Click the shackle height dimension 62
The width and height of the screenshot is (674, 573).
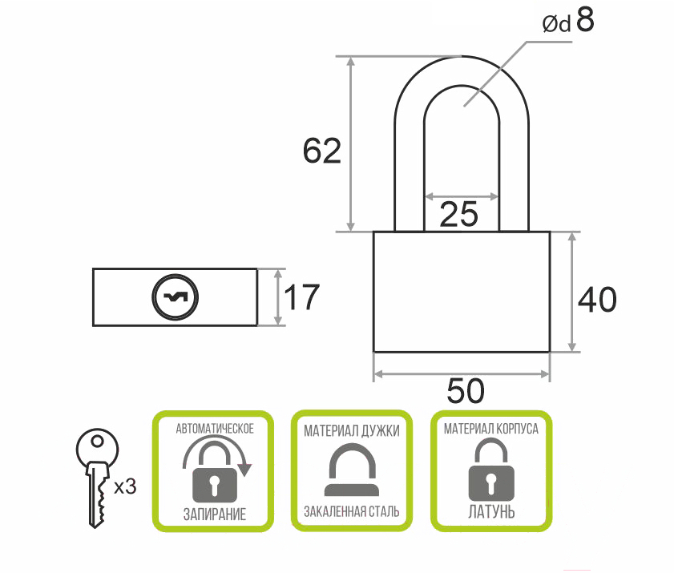tap(321, 151)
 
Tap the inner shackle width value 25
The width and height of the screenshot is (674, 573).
tap(459, 214)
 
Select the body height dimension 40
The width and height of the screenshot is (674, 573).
tap(597, 300)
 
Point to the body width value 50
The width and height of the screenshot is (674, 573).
tap(465, 391)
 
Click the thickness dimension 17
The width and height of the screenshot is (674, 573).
tap(302, 297)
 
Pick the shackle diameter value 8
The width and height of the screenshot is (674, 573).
tap(584, 22)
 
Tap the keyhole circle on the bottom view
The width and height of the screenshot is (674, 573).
tap(175, 297)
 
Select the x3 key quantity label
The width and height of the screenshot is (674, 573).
tap(126, 486)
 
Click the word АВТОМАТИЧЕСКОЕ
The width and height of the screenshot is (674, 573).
tap(215, 429)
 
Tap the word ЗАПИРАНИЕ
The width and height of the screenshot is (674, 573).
tap(214, 514)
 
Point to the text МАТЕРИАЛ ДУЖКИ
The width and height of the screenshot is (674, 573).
tap(352, 430)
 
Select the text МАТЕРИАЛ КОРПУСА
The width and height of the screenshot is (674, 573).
tap(490, 429)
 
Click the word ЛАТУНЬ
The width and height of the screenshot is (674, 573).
tap(490, 511)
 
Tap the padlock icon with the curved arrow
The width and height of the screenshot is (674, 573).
tap(215, 472)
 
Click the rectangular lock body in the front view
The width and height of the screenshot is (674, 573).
tap(462, 292)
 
